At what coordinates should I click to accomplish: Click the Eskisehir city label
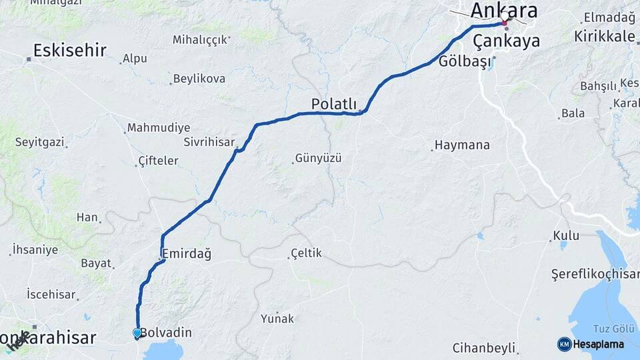pyautogui.click(x=69, y=50)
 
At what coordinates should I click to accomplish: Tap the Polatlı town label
pyautogui.click(x=335, y=104)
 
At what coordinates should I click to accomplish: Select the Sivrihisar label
pyautogui.click(x=209, y=142)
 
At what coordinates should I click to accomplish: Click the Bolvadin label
pyautogui.click(x=166, y=332)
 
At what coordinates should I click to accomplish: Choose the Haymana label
pyautogui.click(x=462, y=145)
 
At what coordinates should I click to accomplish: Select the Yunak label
pyautogui.click(x=277, y=318)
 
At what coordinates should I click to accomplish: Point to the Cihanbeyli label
pyautogui.click(x=484, y=347)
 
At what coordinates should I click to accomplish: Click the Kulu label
pyautogui.click(x=565, y=236)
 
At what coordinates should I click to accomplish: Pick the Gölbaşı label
pyautogui.click(x=465, y=62)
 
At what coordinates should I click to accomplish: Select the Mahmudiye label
pyautogui.click(x=159, y=127)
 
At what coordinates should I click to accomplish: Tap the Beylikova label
pyautogui.click(x=199, y=79)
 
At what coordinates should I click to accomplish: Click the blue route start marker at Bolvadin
pyautogui.click(x=137, y=333)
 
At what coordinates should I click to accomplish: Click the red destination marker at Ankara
pyautogui.click(x=505, y=23)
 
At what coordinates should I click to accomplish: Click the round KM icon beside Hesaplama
pyautogui.click(x=564, y=344)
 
